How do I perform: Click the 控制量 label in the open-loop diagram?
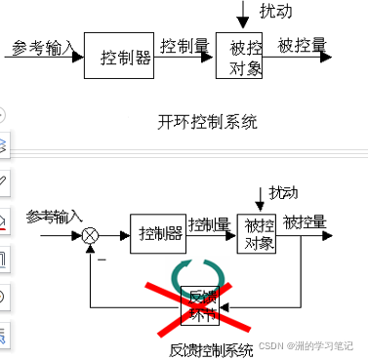pos(184,45)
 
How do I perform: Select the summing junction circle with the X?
pos(91,234)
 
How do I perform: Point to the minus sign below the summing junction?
pos(101,259)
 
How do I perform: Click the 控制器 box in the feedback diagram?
pos(157,234)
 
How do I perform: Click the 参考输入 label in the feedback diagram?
pos(54,216)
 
